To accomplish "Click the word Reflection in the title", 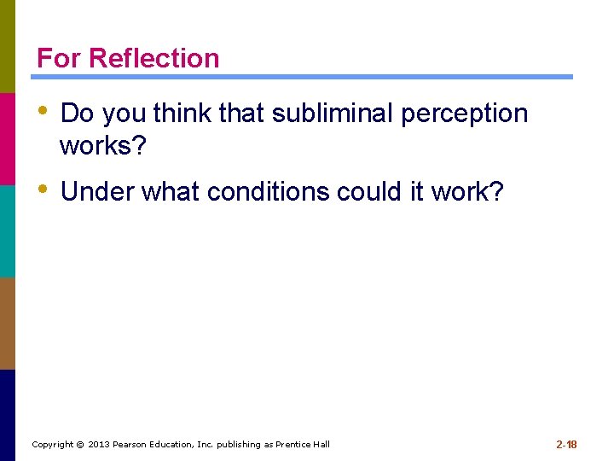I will point(153,58).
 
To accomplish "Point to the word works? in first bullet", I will point(103,146).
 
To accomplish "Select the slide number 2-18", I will point(566,444).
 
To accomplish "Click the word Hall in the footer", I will point(321,445).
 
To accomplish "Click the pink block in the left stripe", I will point(8,138).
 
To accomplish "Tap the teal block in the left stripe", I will point(8,230).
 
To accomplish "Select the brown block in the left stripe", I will point(8,323).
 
